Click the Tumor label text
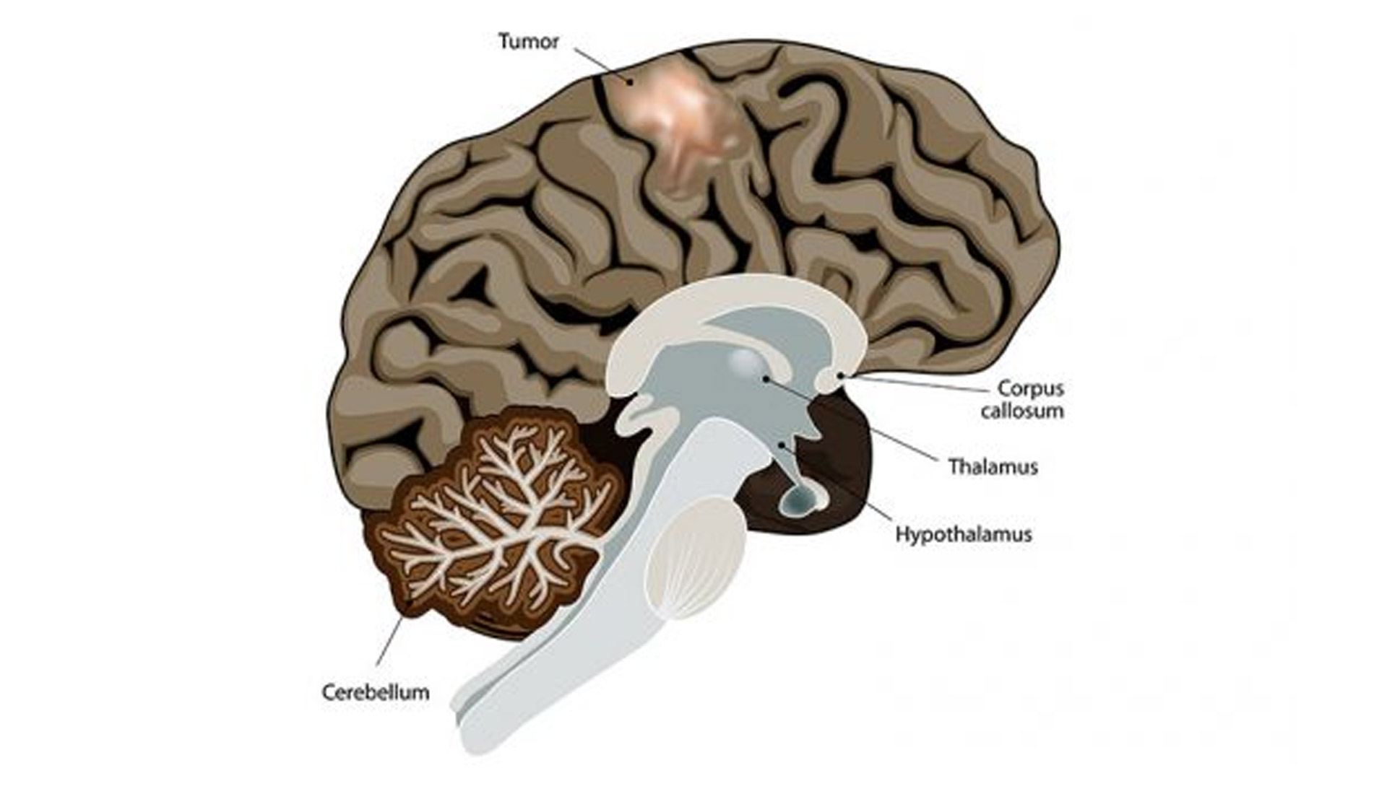528,42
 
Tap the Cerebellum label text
375,692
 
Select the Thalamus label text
993,466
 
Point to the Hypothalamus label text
964,535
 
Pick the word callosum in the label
1022,411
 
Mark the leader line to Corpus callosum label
917,383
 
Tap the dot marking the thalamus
765,378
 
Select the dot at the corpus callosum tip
839,375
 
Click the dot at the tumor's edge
629,82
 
